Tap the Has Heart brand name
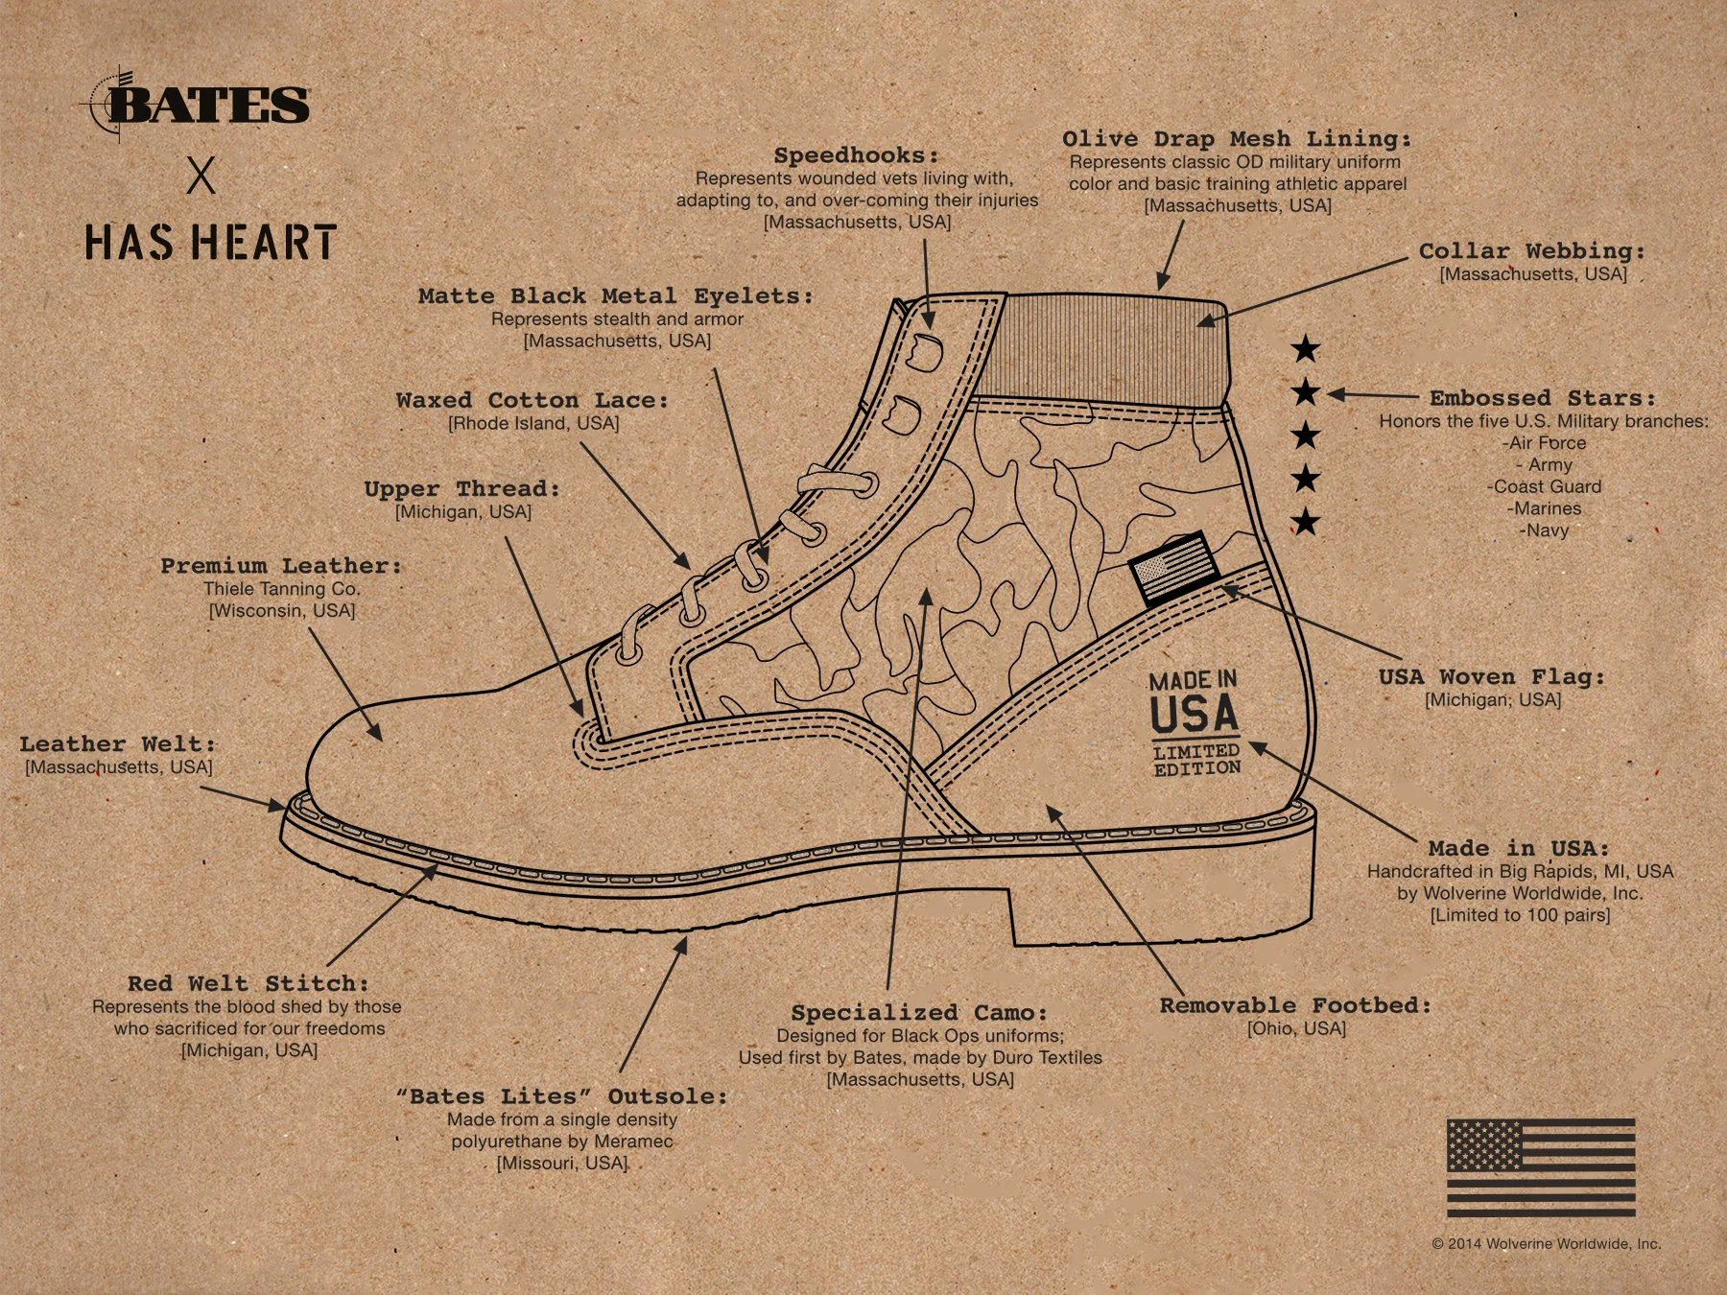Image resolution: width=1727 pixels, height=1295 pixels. pos(210,242)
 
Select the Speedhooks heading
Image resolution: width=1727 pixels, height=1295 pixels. pos(856,155)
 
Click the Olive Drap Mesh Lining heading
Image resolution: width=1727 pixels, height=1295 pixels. pos(1236,139)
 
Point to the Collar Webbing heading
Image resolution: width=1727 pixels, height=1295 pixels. pos(1531,251)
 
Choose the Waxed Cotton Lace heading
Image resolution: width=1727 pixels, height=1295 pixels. pos(532,400)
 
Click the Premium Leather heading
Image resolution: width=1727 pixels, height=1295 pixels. pos(281,566)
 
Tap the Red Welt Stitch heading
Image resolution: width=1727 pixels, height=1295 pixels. pos(248,983)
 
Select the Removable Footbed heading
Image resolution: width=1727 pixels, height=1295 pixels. pos(1295,1005)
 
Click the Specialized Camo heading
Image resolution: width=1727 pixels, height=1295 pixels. pos(918,1013)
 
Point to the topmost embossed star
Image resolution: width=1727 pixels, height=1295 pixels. pos(1305,349)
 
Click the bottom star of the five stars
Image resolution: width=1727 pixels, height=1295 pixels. pos(1305,523)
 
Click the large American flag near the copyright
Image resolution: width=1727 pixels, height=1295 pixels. pos(1541,1167)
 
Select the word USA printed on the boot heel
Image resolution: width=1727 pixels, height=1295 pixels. pos(1195,716)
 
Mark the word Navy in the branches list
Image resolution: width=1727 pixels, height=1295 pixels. pos(1544,530)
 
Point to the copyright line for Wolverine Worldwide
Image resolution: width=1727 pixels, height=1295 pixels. pos(1546,1243)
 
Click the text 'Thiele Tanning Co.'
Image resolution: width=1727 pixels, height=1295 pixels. pos(281,589)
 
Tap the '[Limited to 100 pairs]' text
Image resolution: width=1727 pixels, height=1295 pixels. pos(1520,915)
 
